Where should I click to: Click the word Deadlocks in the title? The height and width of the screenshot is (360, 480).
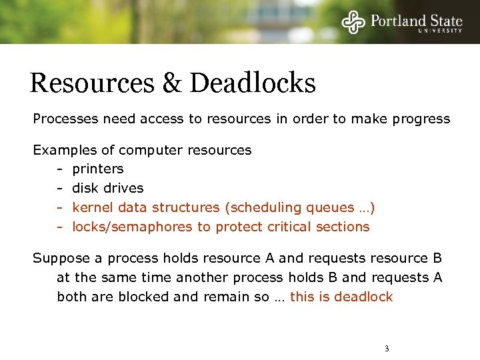(253, 83)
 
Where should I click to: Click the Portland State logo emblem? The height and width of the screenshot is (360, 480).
(354, 21)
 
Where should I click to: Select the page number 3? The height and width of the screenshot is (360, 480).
(387, 349)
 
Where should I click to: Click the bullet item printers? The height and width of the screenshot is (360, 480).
(98, 169)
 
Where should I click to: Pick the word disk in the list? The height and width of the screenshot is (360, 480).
(84, 188)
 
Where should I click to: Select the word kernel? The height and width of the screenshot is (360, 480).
(91, 207)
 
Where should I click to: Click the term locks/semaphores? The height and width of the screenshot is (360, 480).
(132, 227)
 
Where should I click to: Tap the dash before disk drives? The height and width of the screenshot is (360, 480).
(59, 188)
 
